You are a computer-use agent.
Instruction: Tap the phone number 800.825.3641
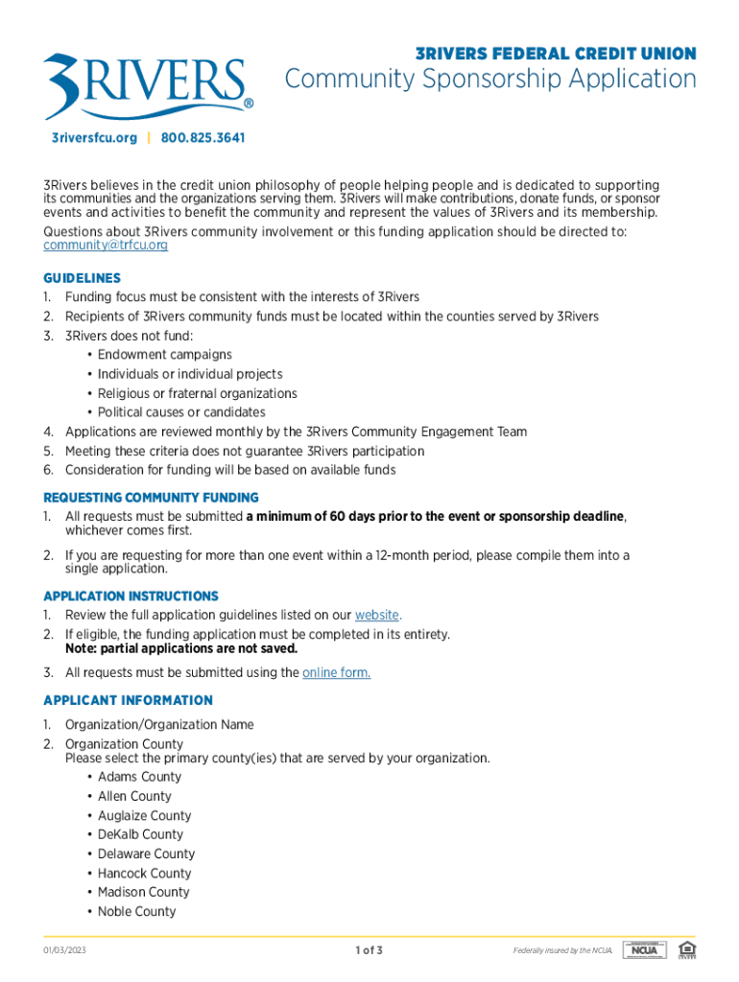coord(203,138)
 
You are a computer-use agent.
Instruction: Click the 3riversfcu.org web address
coord(94,138)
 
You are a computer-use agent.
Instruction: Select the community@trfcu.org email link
coord(106,245)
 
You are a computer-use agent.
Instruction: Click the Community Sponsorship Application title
coord(490,79)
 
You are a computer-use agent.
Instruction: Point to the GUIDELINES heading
coord(82,278)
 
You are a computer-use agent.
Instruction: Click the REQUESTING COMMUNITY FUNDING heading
coord(151,498)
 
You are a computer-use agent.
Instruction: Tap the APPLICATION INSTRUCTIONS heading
coord(131,596)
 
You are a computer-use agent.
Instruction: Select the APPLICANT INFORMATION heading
coord(128,700)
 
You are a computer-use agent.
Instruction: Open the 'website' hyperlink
coord(376,615)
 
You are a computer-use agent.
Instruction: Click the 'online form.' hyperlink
coord(336,672)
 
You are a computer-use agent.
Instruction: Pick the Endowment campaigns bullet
coord(164,355)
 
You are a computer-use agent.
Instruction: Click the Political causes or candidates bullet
coord(181,412)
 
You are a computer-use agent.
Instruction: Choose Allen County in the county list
coord(134,796)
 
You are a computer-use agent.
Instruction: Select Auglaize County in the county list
coord(144,815)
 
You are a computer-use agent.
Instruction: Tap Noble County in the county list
coord(136,911)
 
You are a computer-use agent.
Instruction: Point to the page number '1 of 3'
coord(369,950)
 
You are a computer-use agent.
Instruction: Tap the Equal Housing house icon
coord(685,949)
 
